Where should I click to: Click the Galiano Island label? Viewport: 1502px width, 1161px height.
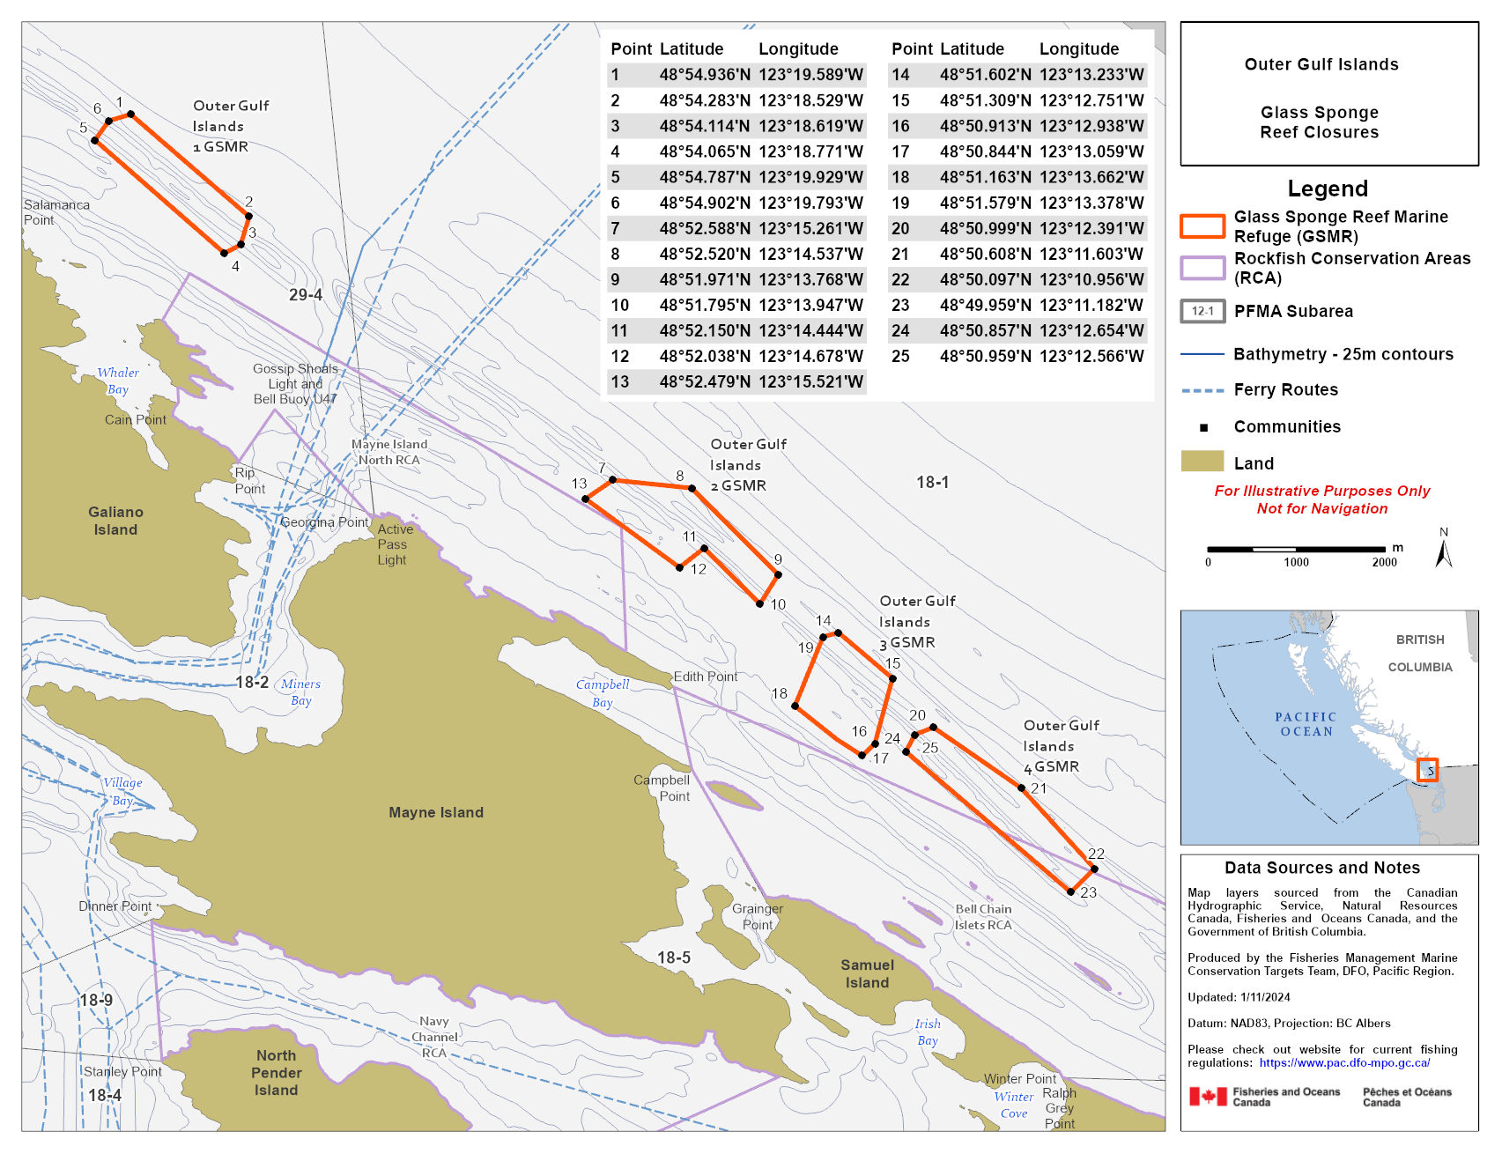point(115,521)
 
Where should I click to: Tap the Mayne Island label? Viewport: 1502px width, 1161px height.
point(436,812)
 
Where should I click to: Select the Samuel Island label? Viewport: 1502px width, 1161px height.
point(867,973)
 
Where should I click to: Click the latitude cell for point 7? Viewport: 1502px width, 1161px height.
point(705,228)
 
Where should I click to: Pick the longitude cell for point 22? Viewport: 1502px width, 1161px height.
point(1091,279)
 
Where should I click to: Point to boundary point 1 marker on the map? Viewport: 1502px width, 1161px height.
point(130,114)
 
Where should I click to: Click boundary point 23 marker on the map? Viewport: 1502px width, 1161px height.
point(1070,891)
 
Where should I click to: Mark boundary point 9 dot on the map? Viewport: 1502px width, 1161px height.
point(778,574)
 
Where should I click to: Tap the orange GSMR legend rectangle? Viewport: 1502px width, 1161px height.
point(1202,226)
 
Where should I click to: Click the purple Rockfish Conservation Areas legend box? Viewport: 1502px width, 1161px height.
point(1202,268)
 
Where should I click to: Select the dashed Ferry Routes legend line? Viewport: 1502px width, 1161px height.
point(1202,390)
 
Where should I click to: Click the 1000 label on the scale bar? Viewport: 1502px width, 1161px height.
point(1296,562)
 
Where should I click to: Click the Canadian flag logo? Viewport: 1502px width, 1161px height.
point(1208,1097)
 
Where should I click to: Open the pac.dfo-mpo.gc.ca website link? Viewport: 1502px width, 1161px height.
point(1344,1062)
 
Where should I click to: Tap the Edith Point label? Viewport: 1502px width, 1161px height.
point(705,677)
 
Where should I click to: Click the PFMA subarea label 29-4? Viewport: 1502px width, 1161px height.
point(305,295)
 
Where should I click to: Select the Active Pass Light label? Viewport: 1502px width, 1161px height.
point(394,544)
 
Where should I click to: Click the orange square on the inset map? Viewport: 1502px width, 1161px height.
point(1427,770)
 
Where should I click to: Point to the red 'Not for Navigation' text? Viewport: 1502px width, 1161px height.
point(1321,508)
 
